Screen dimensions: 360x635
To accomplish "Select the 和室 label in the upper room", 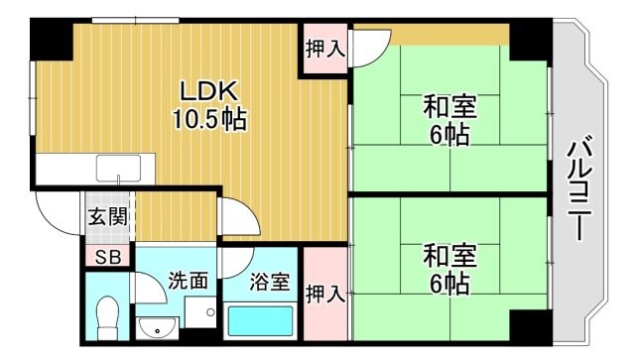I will (x=438, y=106).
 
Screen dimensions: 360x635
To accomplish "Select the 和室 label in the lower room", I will (x=438, y=255).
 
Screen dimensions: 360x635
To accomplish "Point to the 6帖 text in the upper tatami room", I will (x=439, y=136).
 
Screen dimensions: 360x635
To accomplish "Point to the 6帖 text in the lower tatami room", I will (x=439, y=285).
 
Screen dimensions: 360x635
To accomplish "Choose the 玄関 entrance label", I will (x=106, y=217).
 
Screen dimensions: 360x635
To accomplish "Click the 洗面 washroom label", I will (x=188, y=282).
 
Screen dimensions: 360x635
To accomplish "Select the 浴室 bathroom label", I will (x=269, y=282).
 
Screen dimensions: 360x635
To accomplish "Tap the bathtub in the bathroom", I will (x=261, y=323).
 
